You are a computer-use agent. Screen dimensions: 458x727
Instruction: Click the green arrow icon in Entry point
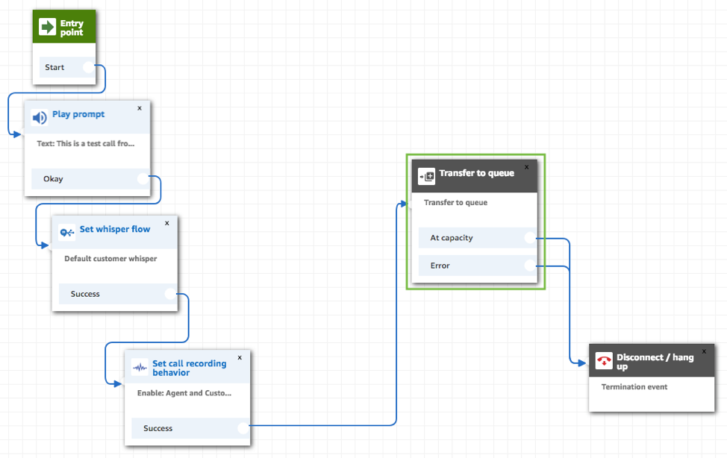[48, 28]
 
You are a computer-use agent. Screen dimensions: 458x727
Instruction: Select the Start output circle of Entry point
[89, 67]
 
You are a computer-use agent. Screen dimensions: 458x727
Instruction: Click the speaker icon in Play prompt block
[40, 117]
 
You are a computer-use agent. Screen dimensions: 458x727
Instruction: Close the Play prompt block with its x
[140, 108]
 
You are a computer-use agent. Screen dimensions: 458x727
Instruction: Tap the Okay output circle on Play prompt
[143, 178]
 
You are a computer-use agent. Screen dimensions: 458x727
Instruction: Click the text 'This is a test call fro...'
[85, 143]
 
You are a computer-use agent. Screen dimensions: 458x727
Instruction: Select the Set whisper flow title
[114, 229]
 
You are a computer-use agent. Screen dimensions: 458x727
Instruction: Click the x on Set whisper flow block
[166, 222]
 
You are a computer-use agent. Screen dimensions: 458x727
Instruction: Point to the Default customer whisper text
[110, 259]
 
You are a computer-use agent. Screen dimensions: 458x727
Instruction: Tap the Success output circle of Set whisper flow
[170, 294]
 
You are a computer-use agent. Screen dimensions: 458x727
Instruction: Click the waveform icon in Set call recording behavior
[140, 367]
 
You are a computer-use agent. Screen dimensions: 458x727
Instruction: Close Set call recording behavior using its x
[240, 357]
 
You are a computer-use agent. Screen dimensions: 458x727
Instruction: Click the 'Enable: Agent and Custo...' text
[184, 393]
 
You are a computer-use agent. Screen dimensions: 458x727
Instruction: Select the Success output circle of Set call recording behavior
[243, 428]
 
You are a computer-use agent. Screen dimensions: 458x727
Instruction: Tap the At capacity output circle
[529, 238]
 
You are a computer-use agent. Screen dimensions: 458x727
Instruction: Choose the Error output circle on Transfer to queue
[529, 266]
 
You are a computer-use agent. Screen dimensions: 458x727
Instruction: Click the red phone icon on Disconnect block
[604, 361]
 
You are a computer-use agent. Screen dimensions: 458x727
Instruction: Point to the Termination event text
[634, 387]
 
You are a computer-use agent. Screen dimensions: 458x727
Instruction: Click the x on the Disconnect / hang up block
[703, 351]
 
